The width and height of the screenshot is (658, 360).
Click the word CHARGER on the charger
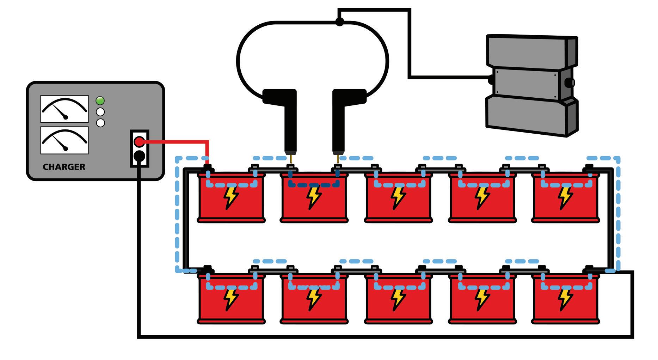(x=64, y=167)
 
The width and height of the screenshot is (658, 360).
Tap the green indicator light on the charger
(x=100, y=101)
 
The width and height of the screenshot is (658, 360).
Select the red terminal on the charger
(x=139, y=142)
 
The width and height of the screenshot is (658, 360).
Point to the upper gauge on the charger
(x=64, y=109)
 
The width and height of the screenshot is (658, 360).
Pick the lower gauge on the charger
(x=64, y=140)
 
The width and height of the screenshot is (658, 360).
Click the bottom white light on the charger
(x=100, y=123)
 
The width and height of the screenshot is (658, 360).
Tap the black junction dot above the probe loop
(x=339, y=22)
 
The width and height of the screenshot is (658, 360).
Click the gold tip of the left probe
(x=291, y=158)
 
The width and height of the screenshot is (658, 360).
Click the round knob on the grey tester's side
(x=569, y=83)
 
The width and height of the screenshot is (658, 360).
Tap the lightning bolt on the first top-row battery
(x=231, y=197)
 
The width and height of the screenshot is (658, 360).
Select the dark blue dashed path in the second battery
(x=314, y=184)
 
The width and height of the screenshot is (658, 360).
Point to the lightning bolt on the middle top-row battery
(x=398, y=197)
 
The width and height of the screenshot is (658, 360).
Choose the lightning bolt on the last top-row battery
(x=565, y=197)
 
